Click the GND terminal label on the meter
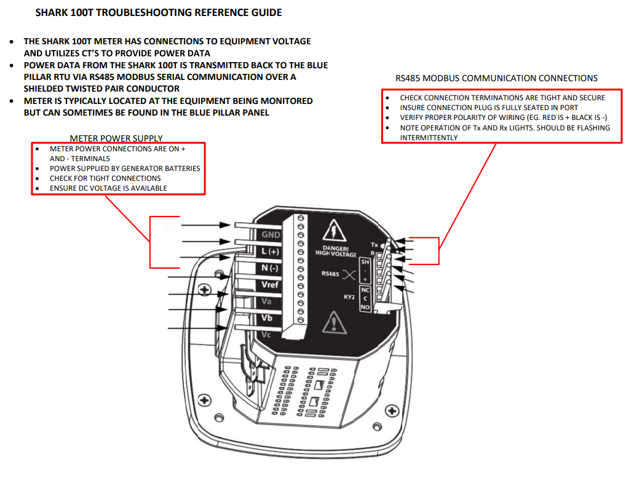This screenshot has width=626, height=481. (271, 235)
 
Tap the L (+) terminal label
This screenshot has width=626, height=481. (271, 252)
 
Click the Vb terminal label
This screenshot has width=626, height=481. (267, 318)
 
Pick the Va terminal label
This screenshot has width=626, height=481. (267, 301)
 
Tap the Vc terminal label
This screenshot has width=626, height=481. (266, 334)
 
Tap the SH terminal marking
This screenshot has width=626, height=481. (365, 262)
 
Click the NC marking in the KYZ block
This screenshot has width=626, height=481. (365, 290)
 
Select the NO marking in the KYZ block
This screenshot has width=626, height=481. (365, 307)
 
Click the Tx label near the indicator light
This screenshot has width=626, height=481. (374, 245)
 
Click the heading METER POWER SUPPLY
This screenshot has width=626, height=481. (116, 138)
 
